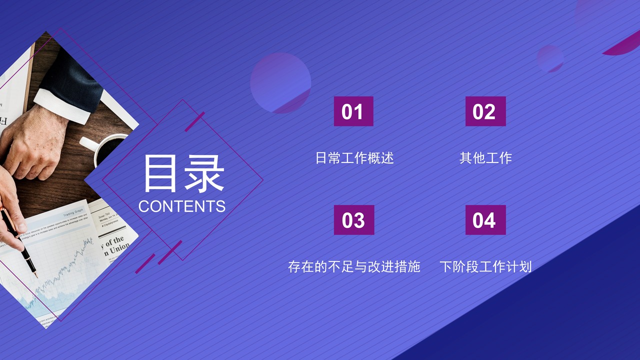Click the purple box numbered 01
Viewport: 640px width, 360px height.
click(353, 111)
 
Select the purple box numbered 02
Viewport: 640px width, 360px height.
click(485, 111)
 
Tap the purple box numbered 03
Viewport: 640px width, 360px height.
click(353, 219)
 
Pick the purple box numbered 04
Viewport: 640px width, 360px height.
click(485, 219)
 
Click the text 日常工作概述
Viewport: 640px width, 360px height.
click(354, 158)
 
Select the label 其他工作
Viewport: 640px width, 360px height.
click(485, 158)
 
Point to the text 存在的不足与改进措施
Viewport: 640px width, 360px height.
click(353, 266)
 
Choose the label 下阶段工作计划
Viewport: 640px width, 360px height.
click(485, 266)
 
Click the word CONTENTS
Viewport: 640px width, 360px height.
click(181, 206)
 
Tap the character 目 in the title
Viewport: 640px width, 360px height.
click(160, 173)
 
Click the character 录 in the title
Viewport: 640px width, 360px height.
click(204, 173)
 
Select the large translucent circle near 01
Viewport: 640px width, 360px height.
click(280, 82)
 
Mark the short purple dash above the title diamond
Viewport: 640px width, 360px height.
click(194, 121)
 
